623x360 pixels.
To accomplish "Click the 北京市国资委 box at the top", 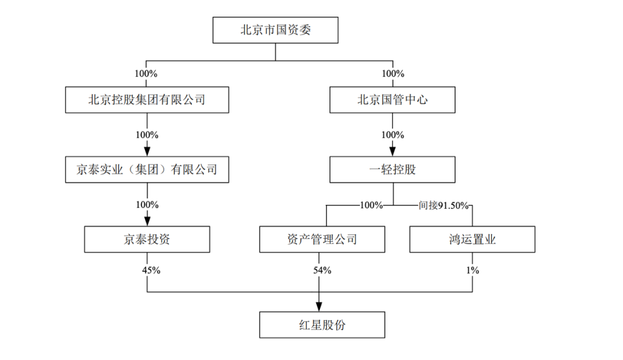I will [x=275, y=30].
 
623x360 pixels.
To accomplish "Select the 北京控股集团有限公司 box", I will [x=147, y=100].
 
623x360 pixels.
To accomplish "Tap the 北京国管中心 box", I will [x=392, y=100].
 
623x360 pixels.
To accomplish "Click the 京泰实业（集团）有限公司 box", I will [x=147, y=170].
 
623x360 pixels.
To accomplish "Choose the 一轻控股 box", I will [x=392, y=170].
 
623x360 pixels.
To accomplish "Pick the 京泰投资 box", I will [x=147, y=239].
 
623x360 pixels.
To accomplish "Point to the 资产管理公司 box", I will [x=322, y=239].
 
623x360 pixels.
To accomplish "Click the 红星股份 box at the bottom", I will [x=322, y=325].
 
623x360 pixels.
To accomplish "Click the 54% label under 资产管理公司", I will [x=322, y=270].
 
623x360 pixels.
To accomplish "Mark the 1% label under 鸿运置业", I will [x=473, y=270].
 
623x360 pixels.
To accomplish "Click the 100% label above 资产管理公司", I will [x=371, y=205].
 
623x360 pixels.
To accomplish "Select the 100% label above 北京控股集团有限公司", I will [x=147, y=74].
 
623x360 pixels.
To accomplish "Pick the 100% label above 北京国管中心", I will [x=393, y=74].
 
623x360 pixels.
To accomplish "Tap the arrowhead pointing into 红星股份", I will [x=320, y=306].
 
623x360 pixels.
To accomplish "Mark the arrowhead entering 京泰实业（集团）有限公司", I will [x=147, y=151].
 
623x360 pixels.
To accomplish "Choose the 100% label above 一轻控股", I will [x=393, y=135].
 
